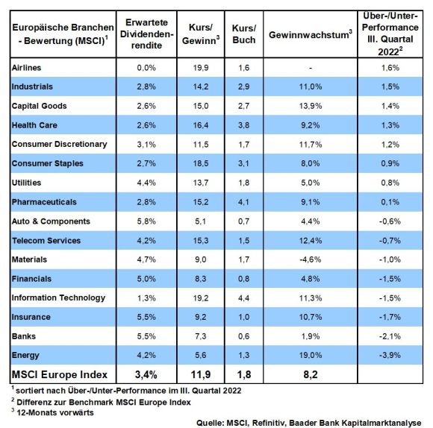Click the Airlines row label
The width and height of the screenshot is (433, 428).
27,68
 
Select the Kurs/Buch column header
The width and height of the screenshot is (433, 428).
244,34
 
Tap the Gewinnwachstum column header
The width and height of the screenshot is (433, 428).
311,34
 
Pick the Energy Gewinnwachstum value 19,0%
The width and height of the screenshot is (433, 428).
311,355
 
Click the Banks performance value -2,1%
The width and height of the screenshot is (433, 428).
390,336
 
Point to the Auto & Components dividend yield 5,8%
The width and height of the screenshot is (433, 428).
146,221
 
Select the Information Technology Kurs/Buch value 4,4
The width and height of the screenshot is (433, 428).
244,298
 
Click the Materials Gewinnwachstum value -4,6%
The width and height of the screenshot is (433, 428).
311,259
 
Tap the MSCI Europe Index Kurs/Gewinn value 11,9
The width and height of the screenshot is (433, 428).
201,374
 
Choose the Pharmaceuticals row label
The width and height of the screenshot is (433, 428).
44,202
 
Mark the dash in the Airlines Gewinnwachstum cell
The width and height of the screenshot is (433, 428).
311,68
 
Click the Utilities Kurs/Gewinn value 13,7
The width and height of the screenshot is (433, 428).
201,183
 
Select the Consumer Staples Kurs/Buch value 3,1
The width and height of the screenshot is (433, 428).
244,163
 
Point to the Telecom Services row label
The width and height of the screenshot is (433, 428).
46,241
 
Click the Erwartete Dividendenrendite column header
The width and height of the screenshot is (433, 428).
146,34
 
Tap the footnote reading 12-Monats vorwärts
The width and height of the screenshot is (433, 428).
55,412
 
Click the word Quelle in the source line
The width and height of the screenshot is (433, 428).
210,423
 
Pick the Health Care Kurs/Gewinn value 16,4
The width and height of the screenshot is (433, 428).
201,125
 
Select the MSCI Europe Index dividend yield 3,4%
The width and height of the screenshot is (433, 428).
146,374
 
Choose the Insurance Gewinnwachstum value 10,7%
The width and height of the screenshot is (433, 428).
311,317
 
